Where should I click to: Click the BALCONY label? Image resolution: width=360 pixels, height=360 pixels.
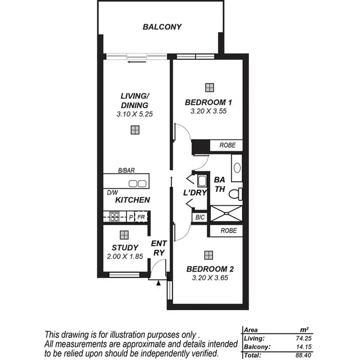(162, 27)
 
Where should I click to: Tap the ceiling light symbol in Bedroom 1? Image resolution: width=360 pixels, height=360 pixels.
(209, 87)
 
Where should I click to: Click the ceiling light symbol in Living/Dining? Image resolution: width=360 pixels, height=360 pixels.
(135, 130)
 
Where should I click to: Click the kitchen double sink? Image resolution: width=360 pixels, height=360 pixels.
(137, 183)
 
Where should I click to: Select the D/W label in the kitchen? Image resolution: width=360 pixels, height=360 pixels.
(113, 193)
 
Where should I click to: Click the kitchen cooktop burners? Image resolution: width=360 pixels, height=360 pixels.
(114, 217)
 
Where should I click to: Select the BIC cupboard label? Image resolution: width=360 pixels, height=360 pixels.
(200, 217)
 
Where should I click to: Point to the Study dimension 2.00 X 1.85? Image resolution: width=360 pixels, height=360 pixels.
(125, 256)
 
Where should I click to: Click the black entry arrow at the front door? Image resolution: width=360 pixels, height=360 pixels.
(158, 283)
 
